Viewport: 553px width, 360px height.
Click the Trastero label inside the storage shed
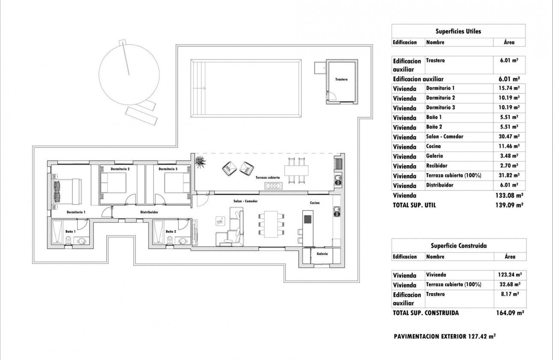(x=341, y=80)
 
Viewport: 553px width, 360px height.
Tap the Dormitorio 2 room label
(x=120, y=169)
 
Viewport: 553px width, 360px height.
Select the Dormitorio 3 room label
(x=168, y=169)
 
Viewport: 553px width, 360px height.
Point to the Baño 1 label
(x=71, y=231)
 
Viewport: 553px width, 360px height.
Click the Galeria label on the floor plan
(x=322, y=254)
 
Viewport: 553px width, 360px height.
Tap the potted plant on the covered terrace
(x=200, y=162)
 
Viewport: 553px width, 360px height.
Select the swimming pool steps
(x=197, y=88)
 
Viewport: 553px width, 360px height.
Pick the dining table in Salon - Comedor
(x=271, y=224)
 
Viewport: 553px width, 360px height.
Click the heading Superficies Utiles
(x=458, y=31)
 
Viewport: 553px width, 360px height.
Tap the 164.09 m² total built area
(x=510, y=313)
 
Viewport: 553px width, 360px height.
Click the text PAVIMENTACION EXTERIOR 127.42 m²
(x=445, y=337)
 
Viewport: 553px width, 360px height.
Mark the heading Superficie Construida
(x=458, y=246)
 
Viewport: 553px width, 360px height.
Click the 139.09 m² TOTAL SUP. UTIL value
(x=510, y=205)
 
